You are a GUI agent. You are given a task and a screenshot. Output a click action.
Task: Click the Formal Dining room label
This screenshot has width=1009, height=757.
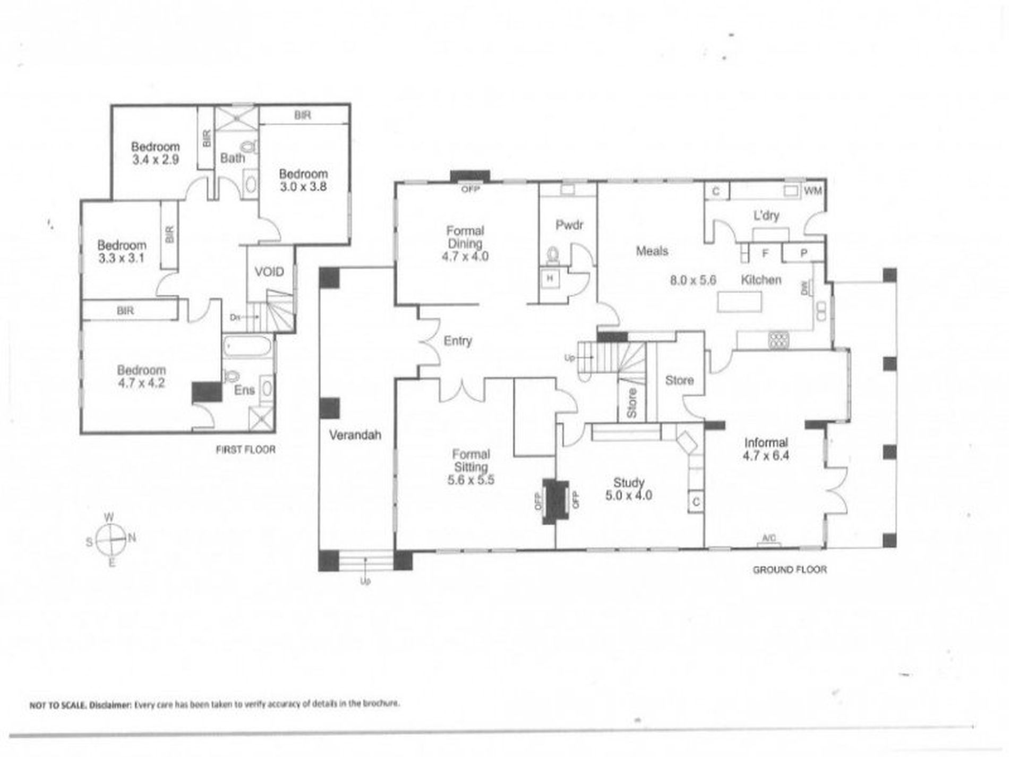[465, 237]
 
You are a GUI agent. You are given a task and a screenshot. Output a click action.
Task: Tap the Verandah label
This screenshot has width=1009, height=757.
[355, 435]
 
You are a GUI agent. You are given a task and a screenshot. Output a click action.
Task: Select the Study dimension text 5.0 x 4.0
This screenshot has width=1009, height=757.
[629, 496]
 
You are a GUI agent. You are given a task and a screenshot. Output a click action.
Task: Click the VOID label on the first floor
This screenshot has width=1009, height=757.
[269, 272]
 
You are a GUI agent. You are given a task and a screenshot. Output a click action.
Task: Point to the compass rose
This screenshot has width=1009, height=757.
[110, 539]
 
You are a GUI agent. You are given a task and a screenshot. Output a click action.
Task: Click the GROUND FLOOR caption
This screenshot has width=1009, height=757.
[790, 569]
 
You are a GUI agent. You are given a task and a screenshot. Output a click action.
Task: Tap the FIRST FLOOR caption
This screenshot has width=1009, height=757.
[245, 449]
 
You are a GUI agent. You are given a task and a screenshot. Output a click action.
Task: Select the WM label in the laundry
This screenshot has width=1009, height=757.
[813, 191]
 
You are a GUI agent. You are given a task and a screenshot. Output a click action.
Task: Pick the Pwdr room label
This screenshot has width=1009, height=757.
[569, 225]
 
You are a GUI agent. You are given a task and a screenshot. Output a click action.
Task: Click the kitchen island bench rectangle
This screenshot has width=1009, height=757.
[739, 302]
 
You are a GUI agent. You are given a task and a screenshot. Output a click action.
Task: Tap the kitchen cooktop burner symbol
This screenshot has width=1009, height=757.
[779, 340]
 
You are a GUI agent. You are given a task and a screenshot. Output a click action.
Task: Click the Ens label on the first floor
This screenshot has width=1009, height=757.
[244, 390]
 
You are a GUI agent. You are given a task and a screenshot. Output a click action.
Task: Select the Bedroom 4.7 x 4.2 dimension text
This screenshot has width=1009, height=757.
[141, 383]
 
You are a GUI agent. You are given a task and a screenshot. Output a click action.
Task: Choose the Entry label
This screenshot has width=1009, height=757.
[458, 341]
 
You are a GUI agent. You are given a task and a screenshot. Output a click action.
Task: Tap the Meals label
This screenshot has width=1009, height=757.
[652, 251]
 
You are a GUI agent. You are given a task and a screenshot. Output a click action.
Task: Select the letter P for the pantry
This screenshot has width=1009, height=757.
[803, 253]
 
